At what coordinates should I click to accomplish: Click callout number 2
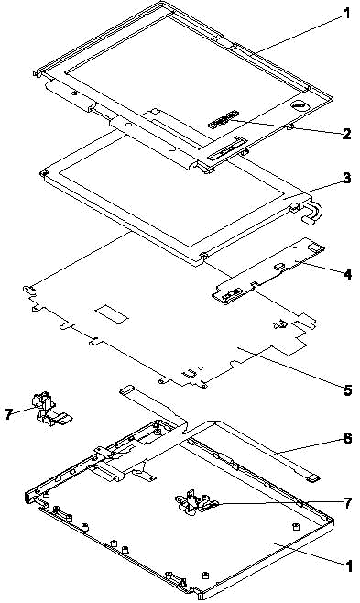click(345, 134)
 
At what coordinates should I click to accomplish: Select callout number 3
click(346, 179)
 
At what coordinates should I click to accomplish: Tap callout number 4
click(347, 274)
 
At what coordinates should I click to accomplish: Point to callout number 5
click(347, 390)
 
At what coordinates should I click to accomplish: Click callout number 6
click(347, 438)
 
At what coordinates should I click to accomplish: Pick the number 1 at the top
click(347, 15)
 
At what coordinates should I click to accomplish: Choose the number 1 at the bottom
click(348, 566)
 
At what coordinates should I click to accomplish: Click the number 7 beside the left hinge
click(9, 414)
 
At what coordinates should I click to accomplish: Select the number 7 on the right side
click(347, 503)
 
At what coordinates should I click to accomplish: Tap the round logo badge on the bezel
click(297, 104)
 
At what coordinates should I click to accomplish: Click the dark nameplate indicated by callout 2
click(222, 119)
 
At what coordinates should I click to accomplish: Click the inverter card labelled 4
click(267, 269)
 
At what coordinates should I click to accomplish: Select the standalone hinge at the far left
click(48, 409)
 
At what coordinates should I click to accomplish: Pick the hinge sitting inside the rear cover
click(195, 502)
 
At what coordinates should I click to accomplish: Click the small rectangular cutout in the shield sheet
click(112, 313)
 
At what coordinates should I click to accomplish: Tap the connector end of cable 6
click(313, 478)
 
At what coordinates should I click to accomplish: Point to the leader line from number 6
click(308, 446)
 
